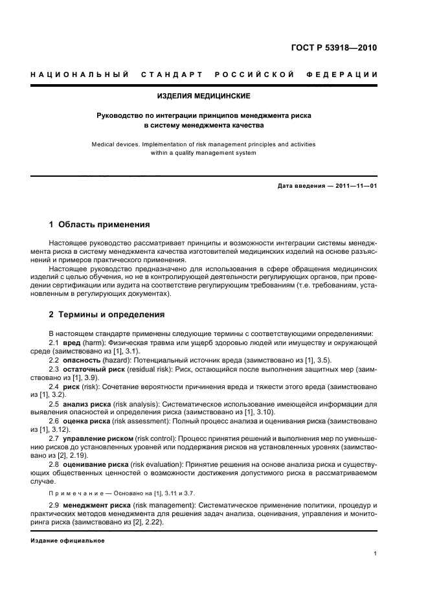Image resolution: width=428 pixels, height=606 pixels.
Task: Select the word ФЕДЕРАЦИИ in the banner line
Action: point(347,75)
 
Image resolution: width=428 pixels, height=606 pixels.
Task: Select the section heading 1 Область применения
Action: point(100,225)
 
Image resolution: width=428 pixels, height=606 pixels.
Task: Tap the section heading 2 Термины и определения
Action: point(107,315)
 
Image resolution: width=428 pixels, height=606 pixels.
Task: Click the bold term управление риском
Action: point(98,438)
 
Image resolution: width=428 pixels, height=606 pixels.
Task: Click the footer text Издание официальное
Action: point(67,540)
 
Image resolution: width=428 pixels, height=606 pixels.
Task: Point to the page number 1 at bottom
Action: point(376,554)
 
